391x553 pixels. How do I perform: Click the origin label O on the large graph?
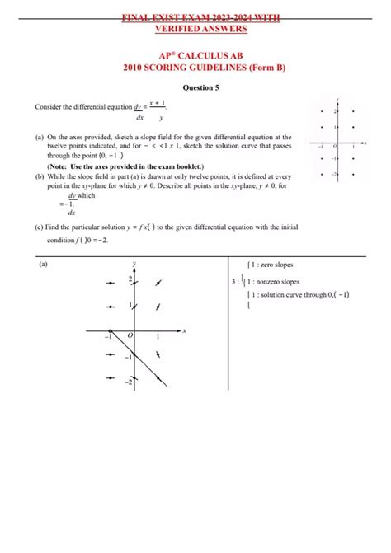point(129,336)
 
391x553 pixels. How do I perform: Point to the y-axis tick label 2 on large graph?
point(129,281)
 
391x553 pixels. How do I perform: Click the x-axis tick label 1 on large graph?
point(158,337)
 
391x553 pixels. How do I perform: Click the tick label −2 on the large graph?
point(127,382)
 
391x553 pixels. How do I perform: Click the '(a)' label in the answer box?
point(44,265)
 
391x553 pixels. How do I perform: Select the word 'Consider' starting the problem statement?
point(48,106)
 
